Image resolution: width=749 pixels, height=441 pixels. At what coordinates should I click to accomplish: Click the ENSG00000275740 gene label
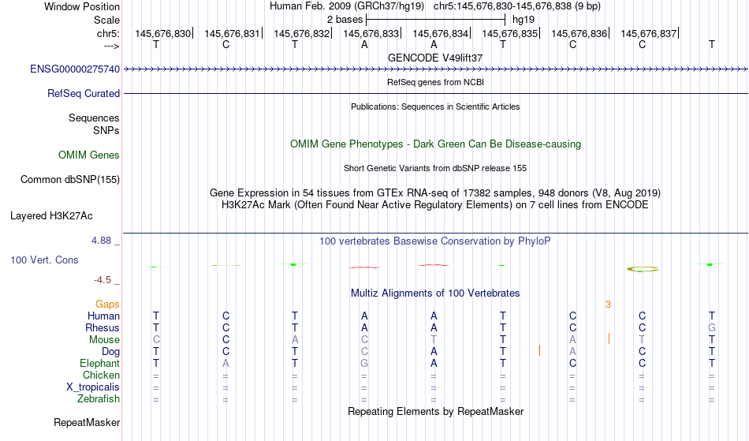tap(75, 69)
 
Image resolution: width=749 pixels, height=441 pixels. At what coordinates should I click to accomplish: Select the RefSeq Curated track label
tap(84, 93)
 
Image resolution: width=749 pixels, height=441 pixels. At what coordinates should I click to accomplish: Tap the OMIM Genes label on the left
tap(89, 155)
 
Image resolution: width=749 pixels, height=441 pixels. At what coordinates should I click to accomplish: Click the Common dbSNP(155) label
tap(70, 179)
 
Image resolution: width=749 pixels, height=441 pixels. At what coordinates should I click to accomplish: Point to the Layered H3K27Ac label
tap(51, 215)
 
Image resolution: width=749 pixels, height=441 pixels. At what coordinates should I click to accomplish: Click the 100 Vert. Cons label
tap(44, 260)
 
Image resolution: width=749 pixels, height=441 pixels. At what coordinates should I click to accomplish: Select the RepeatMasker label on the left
tap(87, 422)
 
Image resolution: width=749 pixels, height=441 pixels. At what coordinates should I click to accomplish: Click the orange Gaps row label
tap(107, 304)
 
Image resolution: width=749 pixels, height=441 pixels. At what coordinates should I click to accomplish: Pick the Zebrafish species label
tap(99, 398)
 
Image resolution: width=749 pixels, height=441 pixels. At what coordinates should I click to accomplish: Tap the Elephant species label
tap(100, 363)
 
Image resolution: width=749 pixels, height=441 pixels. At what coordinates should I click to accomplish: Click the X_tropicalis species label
tap(93, 387)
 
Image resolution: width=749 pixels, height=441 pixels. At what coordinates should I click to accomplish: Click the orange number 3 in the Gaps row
tap(608, 304)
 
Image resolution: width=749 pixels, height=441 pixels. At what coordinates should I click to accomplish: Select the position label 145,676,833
tap(371, 33)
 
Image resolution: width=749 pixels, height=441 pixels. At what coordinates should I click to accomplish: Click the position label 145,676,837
tap(648, 33)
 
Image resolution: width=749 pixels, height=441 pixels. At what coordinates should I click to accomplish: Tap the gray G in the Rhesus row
tap(712, 327)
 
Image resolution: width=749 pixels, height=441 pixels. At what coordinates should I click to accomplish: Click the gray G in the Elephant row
tap(364, 363)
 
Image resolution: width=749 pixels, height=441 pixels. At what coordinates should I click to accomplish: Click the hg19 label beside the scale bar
tap(524, 20)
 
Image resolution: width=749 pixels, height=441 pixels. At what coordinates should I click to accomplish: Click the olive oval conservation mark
tap(643, 270)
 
